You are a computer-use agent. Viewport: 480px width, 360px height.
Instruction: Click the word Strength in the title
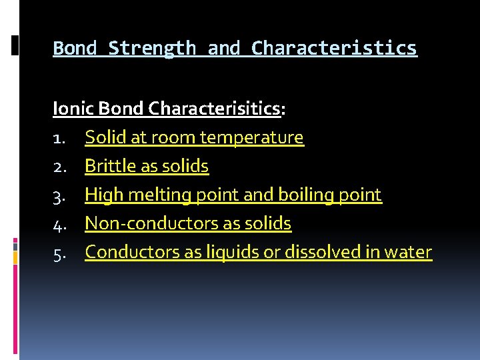(x=152, y=49)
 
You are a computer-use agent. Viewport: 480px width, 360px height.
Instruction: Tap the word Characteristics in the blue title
(x=334, y=49)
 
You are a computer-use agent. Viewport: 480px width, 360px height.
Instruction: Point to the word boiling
(x=303, y=195)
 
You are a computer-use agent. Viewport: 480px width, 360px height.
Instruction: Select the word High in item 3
(x=99, y=195)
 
